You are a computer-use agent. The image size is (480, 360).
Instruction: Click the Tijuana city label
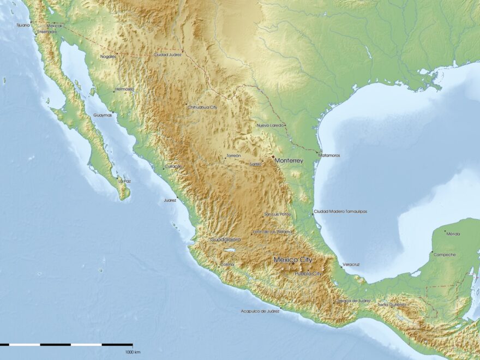tap(23, 25)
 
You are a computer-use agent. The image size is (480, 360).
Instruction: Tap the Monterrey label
tap(289, 161)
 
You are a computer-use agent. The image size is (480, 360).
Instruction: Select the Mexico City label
tap(293, 260)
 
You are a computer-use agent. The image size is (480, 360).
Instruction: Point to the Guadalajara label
tap(225, 239)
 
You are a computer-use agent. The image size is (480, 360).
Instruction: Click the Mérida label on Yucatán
tap(453, 234)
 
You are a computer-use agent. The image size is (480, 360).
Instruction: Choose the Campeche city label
tap(444, 255)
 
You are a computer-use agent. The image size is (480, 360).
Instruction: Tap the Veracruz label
tap(351, 265)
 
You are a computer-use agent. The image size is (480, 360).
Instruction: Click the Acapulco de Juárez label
tap(260, 311)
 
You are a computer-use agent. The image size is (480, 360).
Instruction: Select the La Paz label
tap(124, 181)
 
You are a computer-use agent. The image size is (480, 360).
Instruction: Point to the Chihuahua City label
tap(202, 107)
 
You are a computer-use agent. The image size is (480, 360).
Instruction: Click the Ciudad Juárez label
tap(167, 55)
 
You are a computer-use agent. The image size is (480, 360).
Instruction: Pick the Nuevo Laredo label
tap(270, 125)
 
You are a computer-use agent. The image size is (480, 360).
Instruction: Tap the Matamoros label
tap(329, 155)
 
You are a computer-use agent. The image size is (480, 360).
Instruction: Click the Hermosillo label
tap(124, 89)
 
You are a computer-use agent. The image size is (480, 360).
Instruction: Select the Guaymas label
tap(103, 115)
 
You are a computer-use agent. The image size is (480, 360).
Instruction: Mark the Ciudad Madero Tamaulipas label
tap(340, 211)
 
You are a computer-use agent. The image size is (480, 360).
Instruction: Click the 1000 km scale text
tap(133, 352)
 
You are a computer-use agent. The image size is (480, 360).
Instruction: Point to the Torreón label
tap(233, 155)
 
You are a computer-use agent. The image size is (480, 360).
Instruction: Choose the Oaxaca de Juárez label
tap(354, 301)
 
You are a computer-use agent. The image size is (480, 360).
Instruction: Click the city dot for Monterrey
tap(273, 157)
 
